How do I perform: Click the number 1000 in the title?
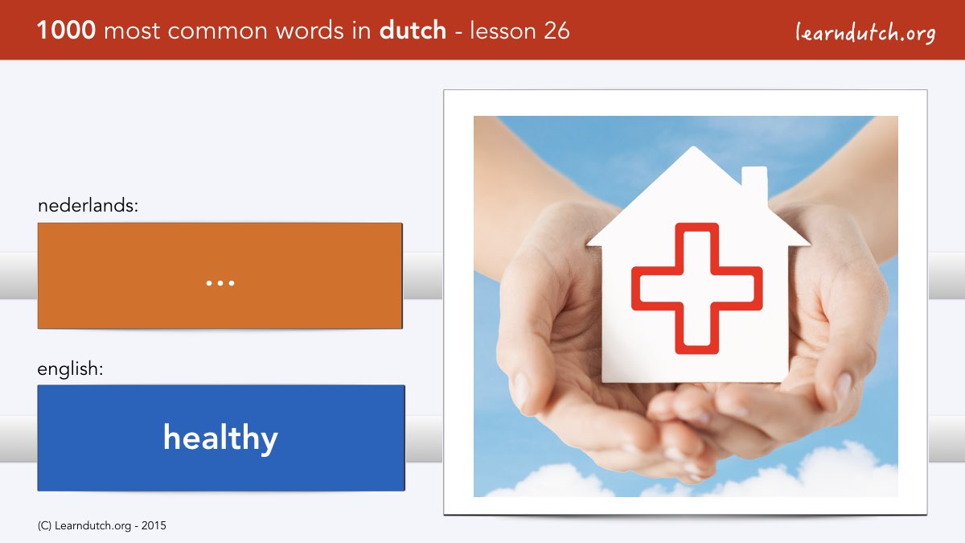point(66,31)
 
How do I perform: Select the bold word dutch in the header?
point(413,30)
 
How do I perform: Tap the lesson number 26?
point(556,31)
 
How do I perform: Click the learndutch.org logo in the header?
point(865,33)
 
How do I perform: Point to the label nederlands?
point(88,205)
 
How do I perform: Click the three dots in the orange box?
point(220,283)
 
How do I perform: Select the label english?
point(70,369)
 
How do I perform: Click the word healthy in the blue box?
point(220,438)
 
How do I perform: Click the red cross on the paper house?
point(696,288)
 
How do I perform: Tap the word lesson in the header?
point(503,31)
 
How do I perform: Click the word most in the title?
point(132,31)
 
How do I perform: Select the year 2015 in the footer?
point(154,526)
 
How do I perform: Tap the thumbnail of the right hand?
point(844,386)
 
